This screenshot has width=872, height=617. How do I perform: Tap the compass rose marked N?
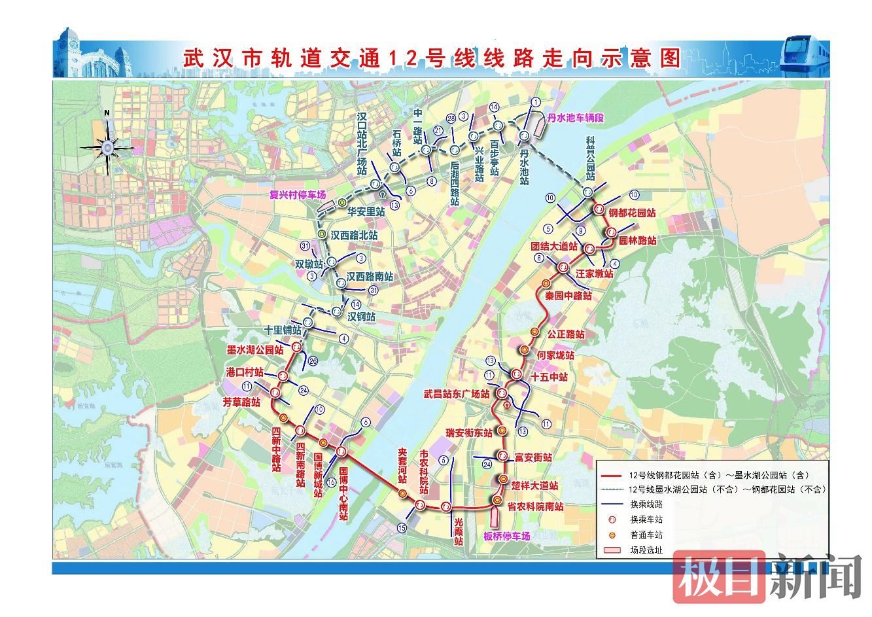coord(106,145)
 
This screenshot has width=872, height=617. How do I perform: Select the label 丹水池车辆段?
coord(574,118)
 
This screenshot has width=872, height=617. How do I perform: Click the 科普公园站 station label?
coord(590,159)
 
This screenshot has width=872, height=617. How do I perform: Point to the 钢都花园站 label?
coord(632,213)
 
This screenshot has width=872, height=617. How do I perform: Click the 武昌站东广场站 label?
coord(456,395)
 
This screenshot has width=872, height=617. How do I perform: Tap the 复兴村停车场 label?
coord(298,194)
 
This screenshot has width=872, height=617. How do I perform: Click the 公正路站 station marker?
coord(534,332)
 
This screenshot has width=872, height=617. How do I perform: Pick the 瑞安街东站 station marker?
coord(502,430)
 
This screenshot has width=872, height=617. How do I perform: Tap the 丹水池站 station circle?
coord(524,135)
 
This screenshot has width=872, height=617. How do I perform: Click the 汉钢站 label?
coord(361,316)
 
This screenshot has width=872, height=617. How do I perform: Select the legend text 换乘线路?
coord(646,504)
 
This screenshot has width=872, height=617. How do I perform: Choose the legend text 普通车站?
coord(646,535)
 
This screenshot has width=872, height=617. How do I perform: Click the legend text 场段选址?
coord(646,550)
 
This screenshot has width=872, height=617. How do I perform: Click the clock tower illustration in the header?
coord(71,49)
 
